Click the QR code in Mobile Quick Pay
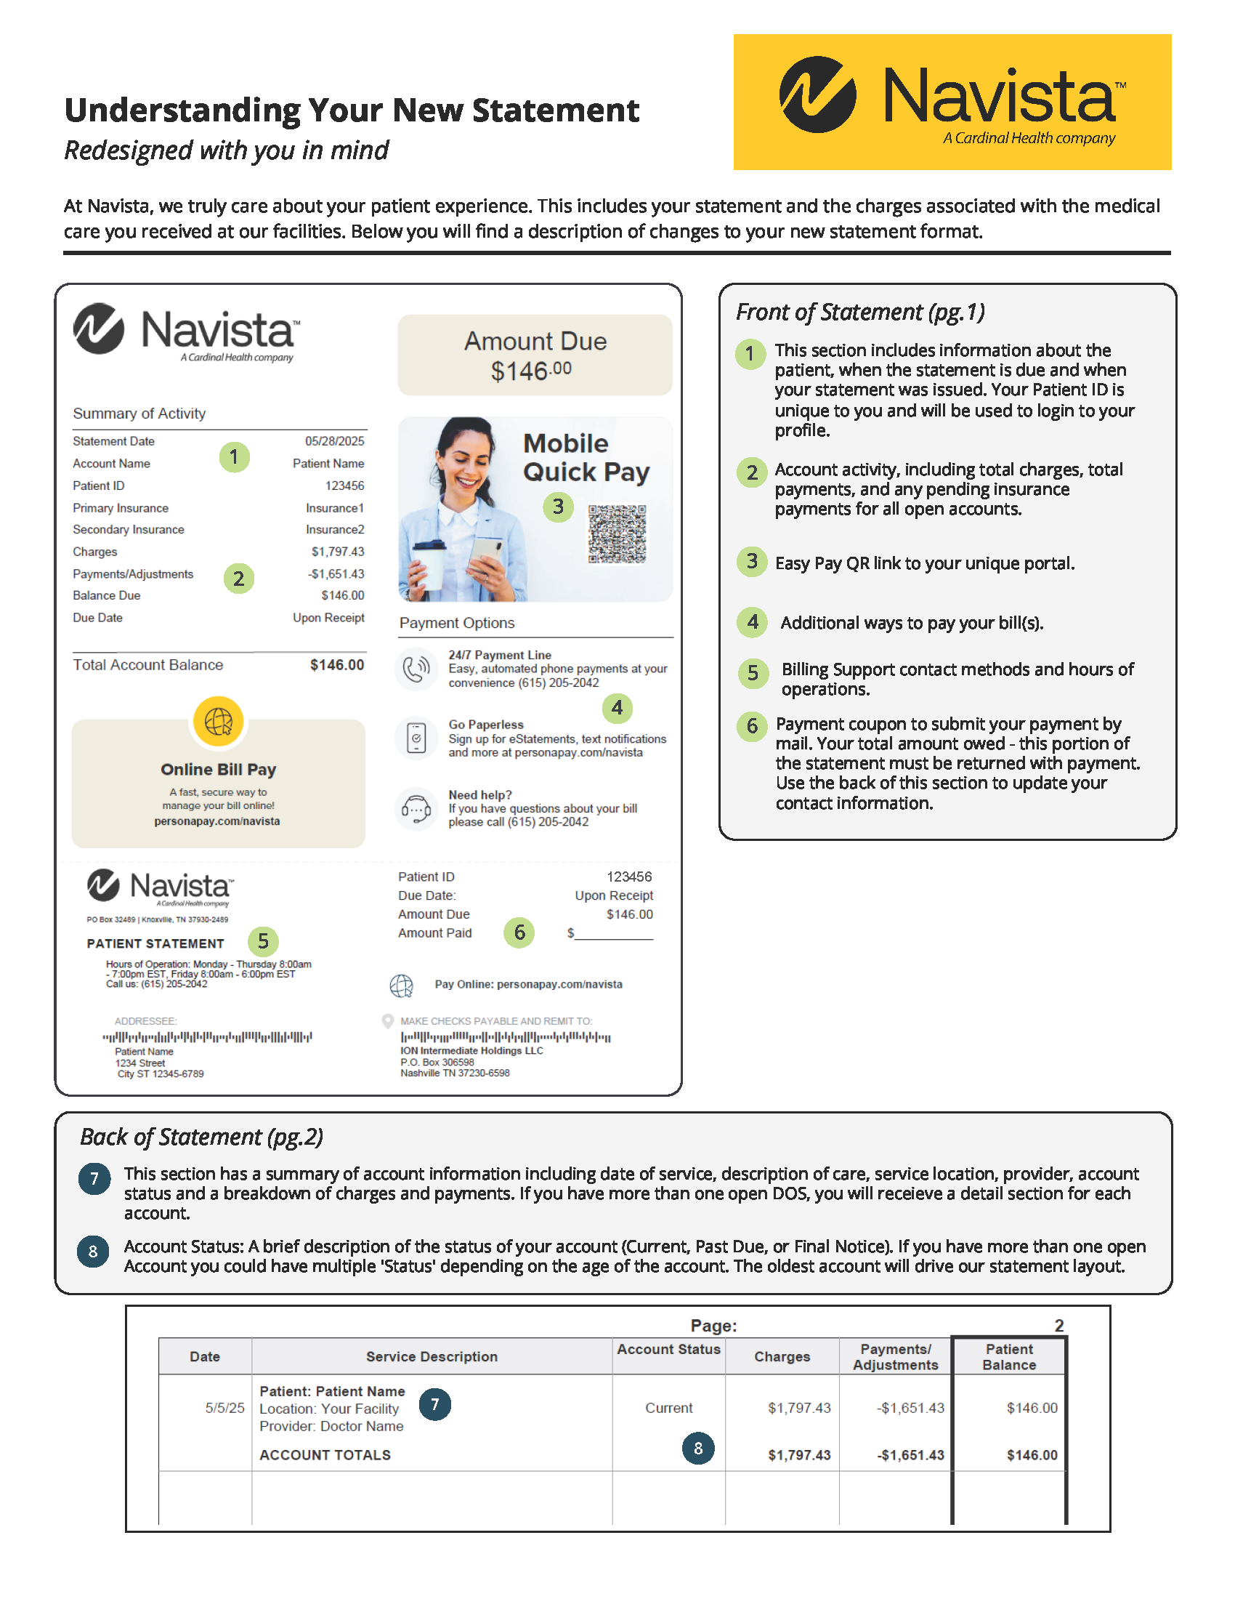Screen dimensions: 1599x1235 (617, 533)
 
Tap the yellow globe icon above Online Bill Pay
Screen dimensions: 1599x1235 (218, 721)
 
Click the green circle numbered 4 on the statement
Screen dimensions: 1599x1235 (617, 708)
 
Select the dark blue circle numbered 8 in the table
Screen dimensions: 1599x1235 (698, 1448)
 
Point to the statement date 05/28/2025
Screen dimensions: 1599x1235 (334, 440)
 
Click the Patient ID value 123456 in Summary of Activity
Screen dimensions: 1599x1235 (344, 486)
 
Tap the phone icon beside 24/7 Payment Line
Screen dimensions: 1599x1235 (416, 669)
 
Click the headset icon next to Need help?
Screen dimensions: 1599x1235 (416, 809)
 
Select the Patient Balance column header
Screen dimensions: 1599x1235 (1009, 1357)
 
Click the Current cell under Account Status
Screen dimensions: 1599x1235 (668, 1408)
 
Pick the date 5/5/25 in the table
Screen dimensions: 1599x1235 (224, 1408)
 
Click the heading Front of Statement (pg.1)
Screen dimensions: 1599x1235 (859, 313)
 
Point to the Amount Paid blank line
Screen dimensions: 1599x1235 (613, 933)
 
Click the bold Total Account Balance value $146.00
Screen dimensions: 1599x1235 (336, 665)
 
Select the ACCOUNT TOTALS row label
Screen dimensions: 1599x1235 (325, 1455)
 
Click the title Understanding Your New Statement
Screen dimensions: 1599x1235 (351, 110)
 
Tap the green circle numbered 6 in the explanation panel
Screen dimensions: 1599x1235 (751, 726)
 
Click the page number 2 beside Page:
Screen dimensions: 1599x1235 (1058, 1325)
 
